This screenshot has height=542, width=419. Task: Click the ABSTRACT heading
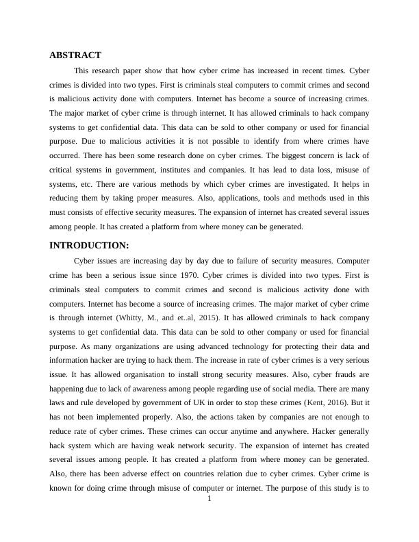(x=75, y=55)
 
